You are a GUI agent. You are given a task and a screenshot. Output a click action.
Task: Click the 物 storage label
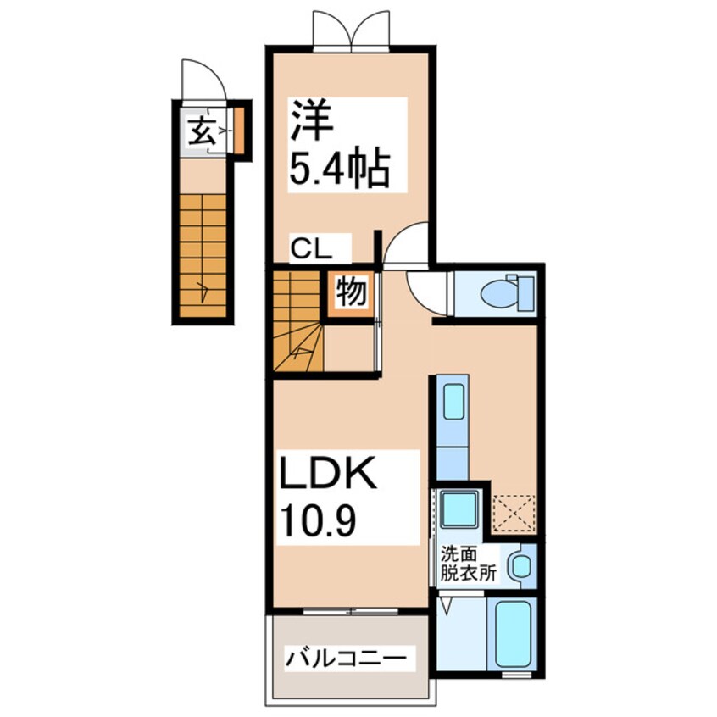350,292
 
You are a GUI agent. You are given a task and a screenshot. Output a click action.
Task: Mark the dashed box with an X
514,512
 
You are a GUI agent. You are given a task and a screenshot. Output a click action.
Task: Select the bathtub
514,633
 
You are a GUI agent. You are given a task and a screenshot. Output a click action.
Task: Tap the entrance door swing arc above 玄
206,79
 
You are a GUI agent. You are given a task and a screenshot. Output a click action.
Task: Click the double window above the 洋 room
352,31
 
